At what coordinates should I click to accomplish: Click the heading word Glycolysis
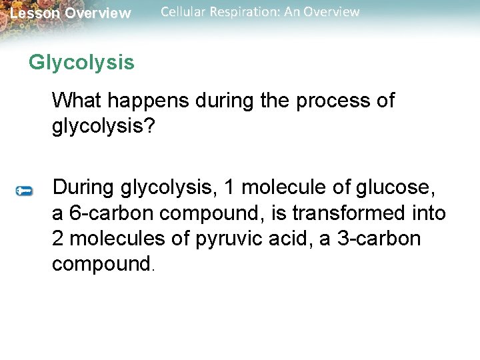81,63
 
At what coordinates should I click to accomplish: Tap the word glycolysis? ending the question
103,127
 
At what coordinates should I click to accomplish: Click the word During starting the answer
84,188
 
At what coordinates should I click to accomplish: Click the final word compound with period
103,264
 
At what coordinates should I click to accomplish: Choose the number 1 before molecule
229,188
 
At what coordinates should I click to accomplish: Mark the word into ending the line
428,213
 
